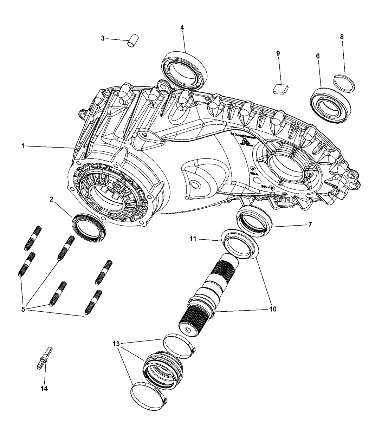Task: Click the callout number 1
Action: pos(22,146)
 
